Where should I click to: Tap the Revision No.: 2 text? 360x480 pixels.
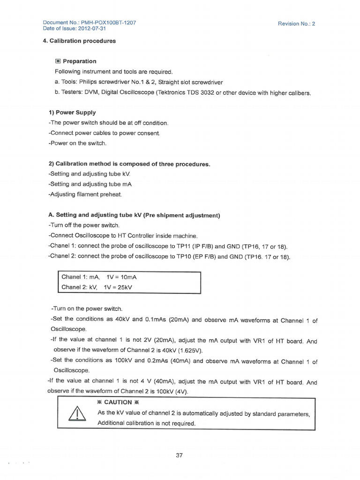[x=296, y=23]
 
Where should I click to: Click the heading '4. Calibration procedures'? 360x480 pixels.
[x=79, y=41]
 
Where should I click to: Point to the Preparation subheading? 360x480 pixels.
[x=79, y=61]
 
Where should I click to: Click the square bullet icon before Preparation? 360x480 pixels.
[x=58, y=61]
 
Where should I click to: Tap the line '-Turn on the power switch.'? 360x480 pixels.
[x=86, y=309]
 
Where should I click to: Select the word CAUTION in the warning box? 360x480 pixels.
[x=118, y=402]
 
